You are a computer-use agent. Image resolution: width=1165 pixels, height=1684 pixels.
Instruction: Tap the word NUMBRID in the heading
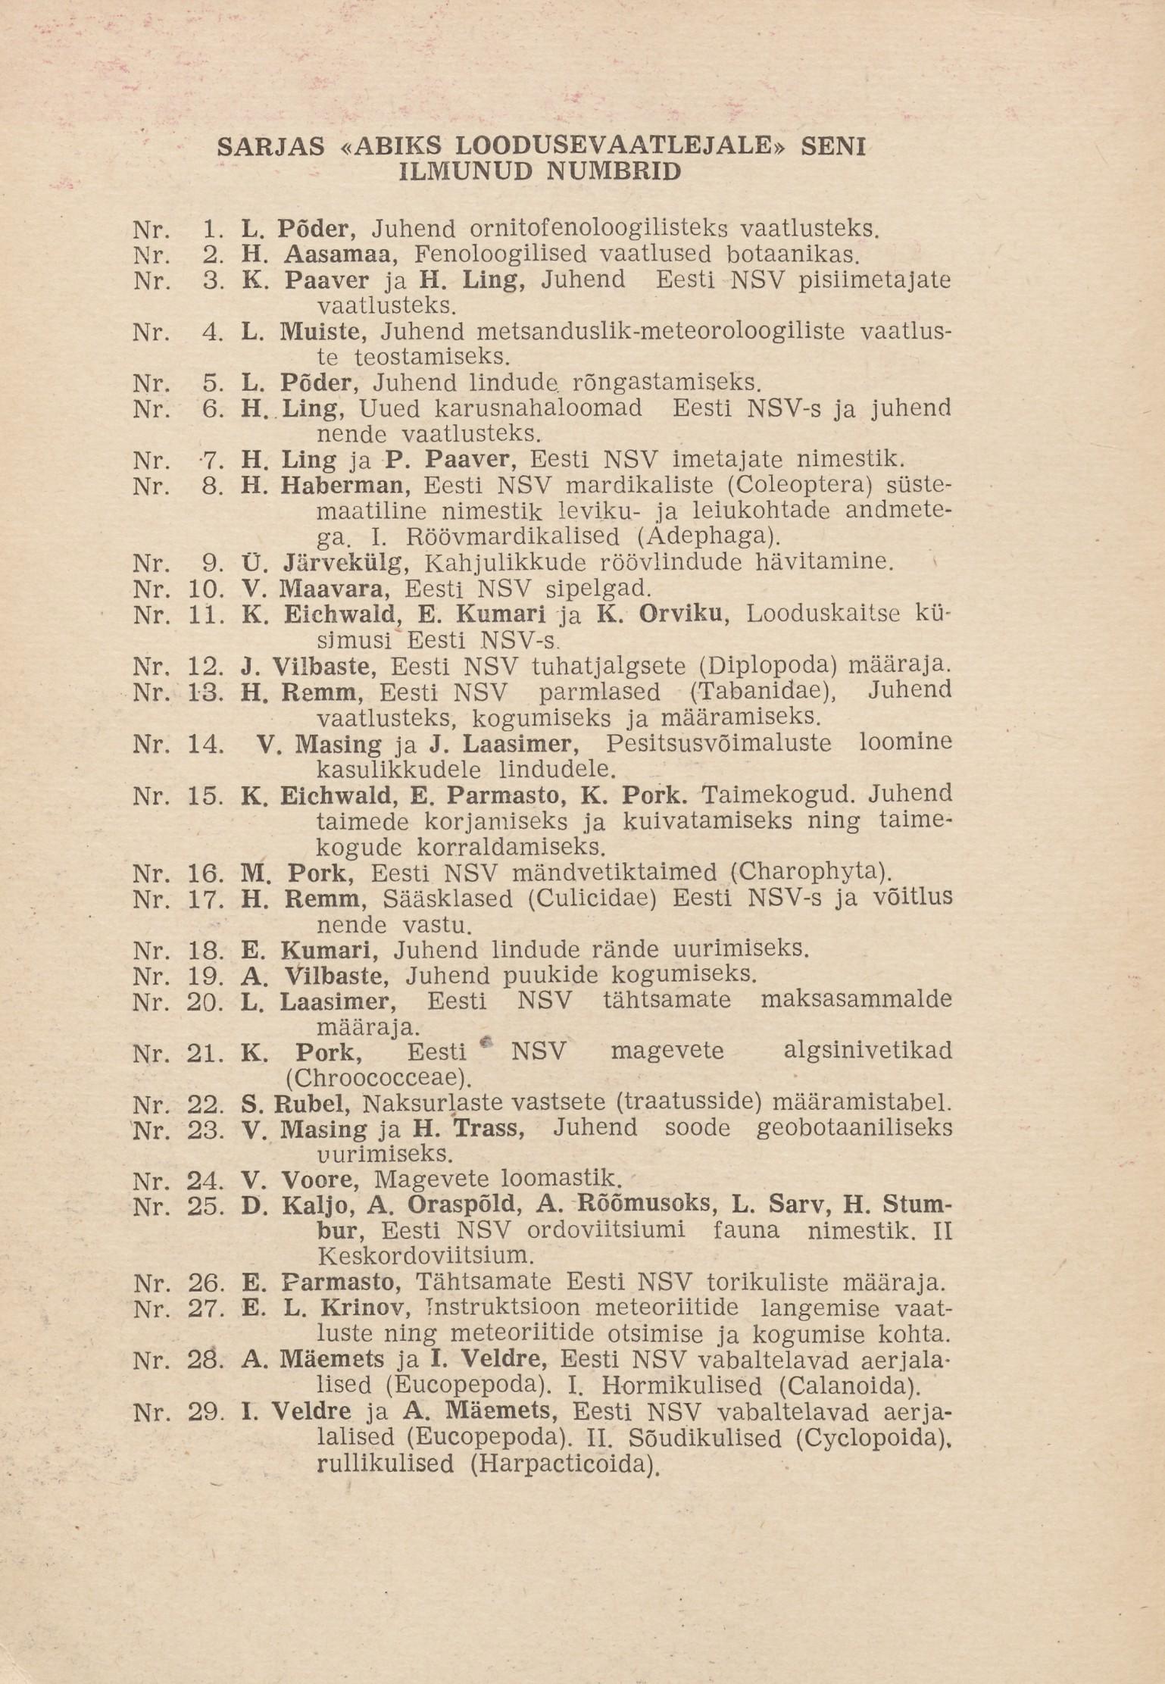(x=614, y=172)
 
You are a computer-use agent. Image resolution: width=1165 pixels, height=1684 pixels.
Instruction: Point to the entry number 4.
(x=212, y=332)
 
